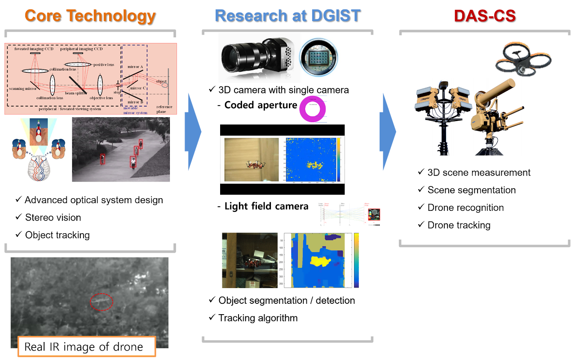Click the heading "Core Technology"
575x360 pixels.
tap(90, 16)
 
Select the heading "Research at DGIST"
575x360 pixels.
tap(287, 16)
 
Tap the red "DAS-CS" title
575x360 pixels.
tap(484, 16)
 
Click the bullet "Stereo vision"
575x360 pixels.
tap(53, 218)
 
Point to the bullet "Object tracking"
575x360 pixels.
tap(57, 235)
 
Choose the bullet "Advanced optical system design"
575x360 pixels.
tap(93, 200)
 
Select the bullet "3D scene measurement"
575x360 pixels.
tap(479, 173)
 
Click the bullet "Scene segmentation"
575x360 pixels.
tap(471, 190)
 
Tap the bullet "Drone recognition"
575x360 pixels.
tap(465, 208)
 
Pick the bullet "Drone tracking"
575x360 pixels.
tap(459, 225)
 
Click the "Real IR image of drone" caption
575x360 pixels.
tap(84, 347)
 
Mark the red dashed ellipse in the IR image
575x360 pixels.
tap(102, 302)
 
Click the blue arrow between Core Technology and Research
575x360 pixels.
tap(194, 131)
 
